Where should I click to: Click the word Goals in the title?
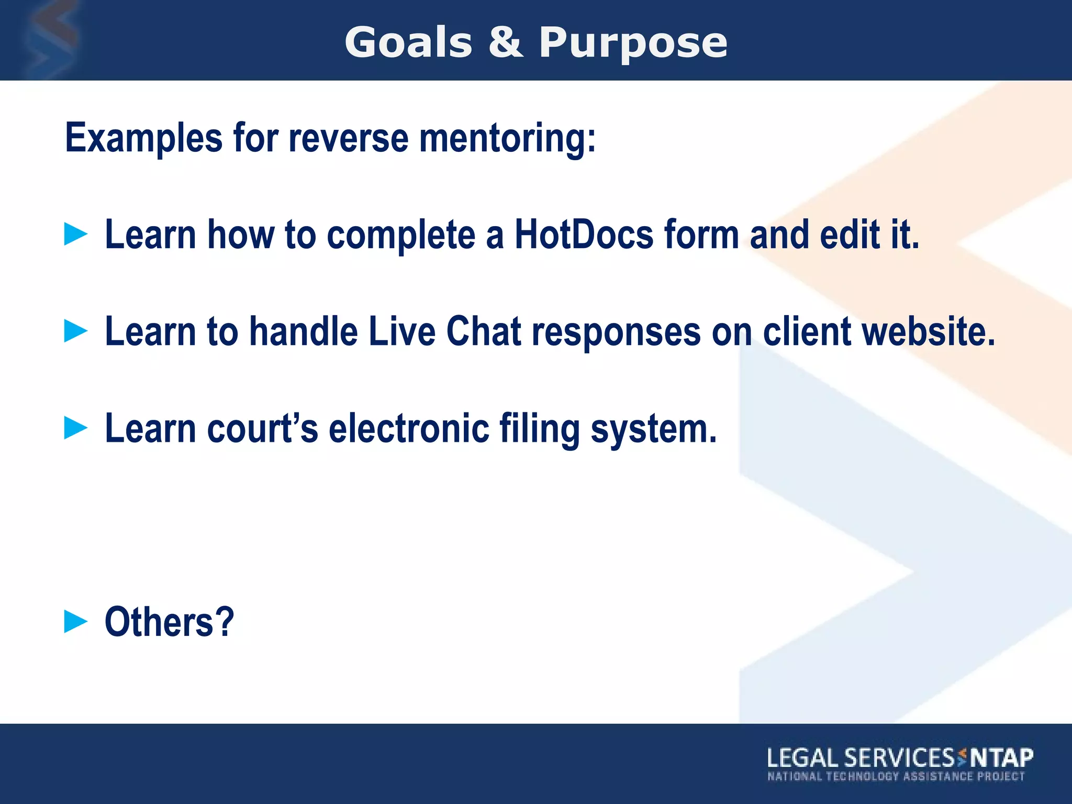[408, 43]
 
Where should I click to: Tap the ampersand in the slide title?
[506, 43]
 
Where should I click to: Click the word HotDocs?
[584, 234]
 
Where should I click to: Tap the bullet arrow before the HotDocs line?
[76, 234]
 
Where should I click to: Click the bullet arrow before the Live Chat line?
[76, 331]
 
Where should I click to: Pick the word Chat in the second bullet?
[484, 331]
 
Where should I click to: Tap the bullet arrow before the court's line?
[76, 428]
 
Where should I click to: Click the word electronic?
[409, 428]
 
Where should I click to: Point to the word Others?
[169, 622]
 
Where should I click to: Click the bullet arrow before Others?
[76, 621]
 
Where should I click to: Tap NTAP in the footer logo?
[1001, 757]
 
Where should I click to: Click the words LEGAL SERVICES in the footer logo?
[861, 758]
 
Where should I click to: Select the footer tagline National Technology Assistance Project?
[896, 776]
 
